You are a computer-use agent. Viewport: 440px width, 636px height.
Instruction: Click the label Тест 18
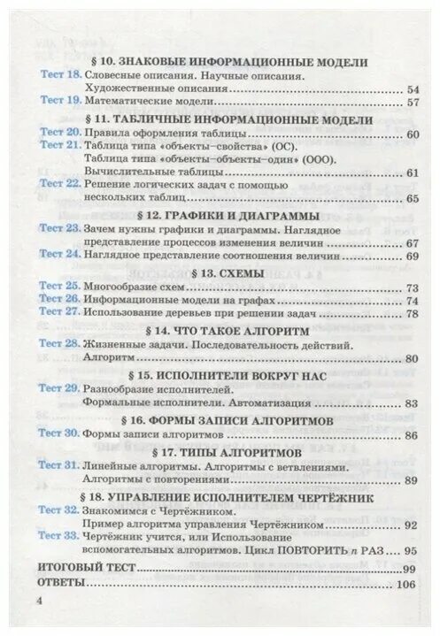[x=61, y=77]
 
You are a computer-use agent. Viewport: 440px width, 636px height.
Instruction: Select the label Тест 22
[x=61, y=183]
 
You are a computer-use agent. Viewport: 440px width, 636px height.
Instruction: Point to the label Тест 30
[x=61, y=435]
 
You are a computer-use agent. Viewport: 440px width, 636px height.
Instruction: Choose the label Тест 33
[x=61, y=537]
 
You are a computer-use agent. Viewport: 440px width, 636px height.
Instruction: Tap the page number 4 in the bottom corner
[x=39, y=602]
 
